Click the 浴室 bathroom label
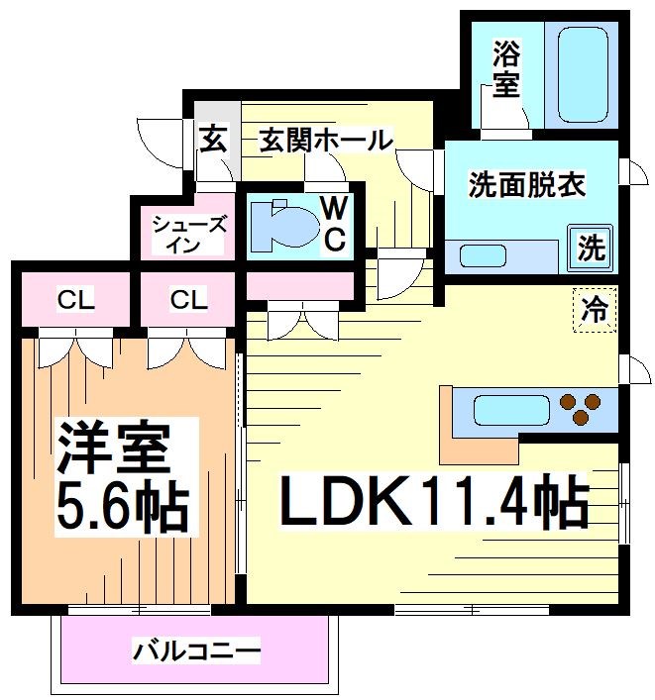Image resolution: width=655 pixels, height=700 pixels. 504,68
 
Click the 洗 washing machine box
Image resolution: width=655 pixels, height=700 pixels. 591,247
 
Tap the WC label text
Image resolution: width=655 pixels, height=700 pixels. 334,223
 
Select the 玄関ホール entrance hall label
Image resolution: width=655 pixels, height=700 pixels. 326,141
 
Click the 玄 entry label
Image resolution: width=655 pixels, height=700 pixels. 213,140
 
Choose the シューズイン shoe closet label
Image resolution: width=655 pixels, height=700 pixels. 188,234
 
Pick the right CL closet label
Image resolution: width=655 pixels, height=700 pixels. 187,299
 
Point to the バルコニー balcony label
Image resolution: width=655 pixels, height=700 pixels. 197,651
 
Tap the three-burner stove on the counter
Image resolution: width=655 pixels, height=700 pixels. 580,408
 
